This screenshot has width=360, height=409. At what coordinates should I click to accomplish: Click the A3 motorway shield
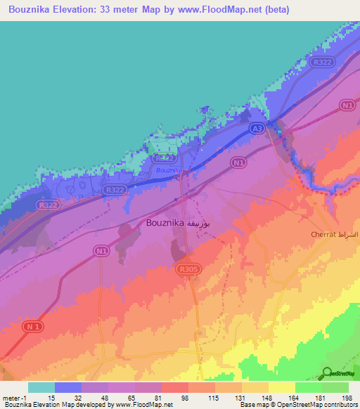click(259, 129)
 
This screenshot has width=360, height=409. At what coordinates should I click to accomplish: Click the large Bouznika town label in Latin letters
click(165, 223)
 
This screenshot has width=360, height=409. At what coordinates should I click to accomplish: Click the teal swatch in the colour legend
click(41, 387)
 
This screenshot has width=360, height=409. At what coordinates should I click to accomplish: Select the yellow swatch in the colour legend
click(281, 387)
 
